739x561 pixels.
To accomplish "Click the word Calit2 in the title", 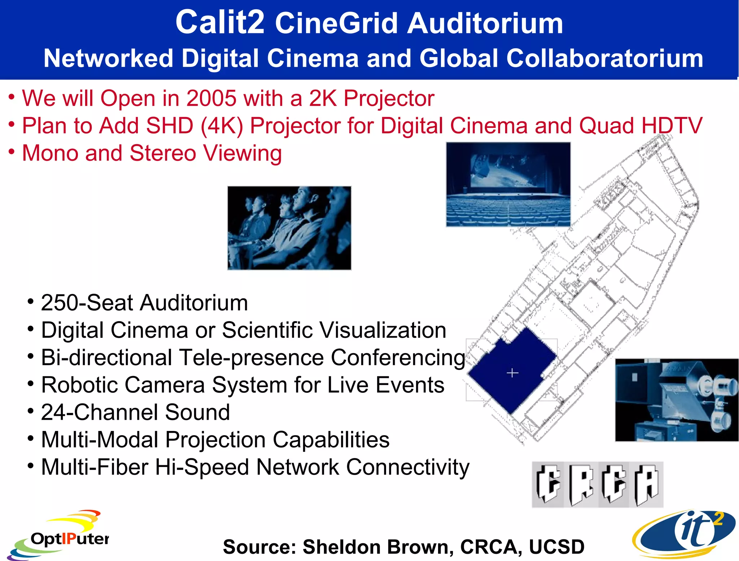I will tap(219, 22).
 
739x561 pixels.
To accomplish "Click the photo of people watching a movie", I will tap(289, 228).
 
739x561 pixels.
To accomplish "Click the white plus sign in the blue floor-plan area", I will tap(512, 373).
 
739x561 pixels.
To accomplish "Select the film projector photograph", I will tap(677, 400).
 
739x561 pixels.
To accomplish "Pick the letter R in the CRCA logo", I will tap(581, 484).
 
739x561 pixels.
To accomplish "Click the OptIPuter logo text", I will tap(70, 539).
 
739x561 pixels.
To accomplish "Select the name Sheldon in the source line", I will tap(341, 547).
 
